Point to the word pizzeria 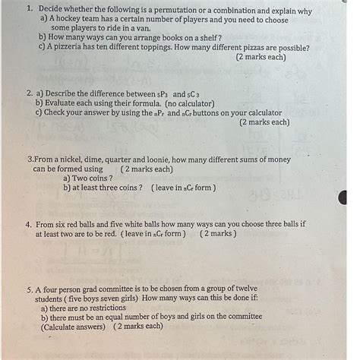(x=73, y=47)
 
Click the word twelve (x=244, y=289)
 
